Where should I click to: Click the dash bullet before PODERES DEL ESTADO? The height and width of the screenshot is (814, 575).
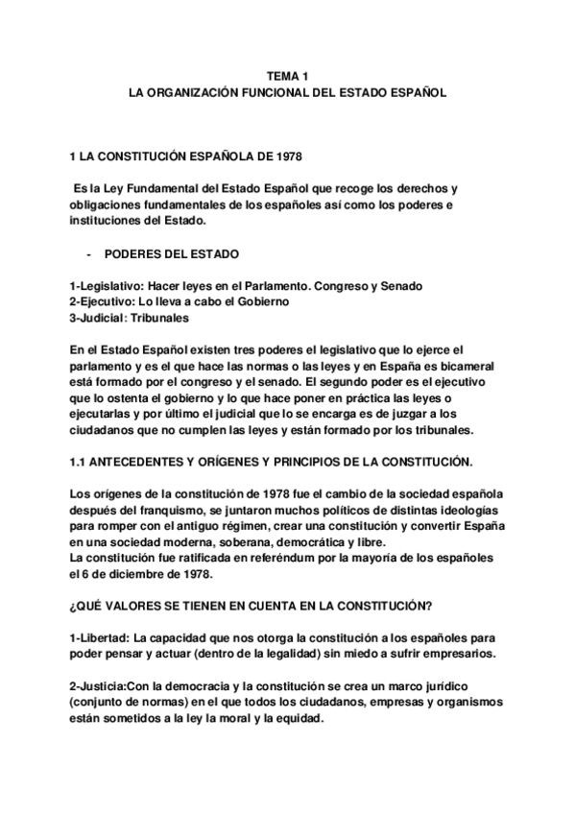tap(88, 254)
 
